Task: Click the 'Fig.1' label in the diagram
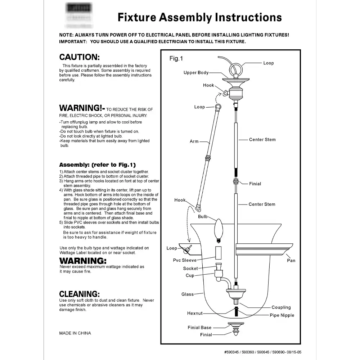[x=176, y=59]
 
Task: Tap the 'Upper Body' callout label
[x=196, y=73]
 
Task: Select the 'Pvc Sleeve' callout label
[x=185, y=260]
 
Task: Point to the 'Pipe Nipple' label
[x=282, y=315]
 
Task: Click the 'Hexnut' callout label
[x=195, y=313]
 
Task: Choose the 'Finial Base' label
[x=199, y=328]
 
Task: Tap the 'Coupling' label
[x=281, y=307]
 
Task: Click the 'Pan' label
[x=291, y=260]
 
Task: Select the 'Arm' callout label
[x=194, y=141]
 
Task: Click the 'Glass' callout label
[x=188, y=294]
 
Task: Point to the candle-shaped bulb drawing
[x=218, y=231]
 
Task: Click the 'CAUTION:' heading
[x=79, y=57]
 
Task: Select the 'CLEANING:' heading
[x=79, y=294]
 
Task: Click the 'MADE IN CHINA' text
[x=75, y=333]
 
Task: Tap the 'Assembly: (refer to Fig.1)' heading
[x=97, y=165]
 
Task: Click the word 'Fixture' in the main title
[x=137, y=17]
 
